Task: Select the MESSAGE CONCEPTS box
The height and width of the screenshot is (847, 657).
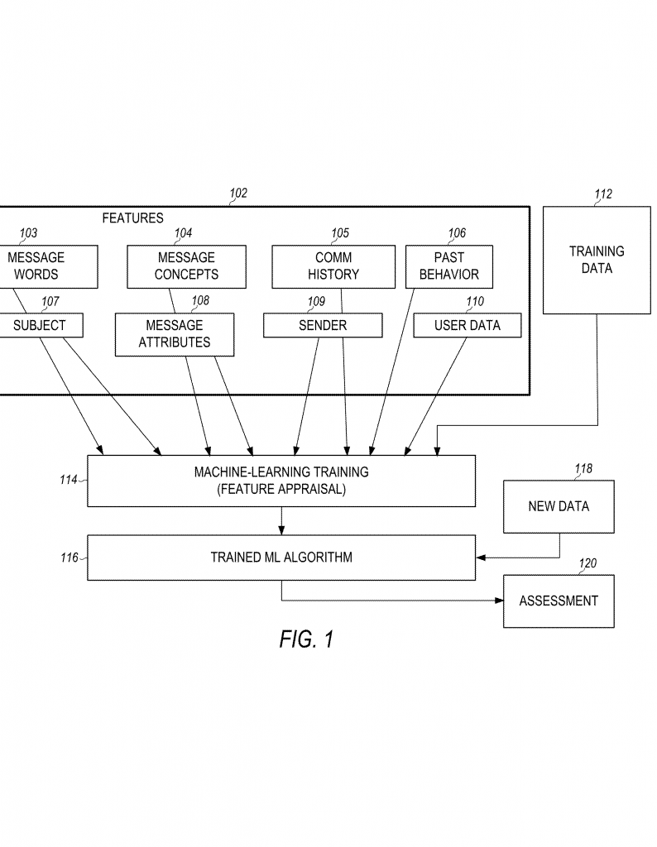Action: point(186,266)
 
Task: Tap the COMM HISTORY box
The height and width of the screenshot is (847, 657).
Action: point(333,266)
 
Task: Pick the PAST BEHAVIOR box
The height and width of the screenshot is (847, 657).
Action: point(448,266)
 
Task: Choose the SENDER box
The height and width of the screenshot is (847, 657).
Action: point(323,325)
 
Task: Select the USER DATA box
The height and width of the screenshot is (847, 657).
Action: point(468,325)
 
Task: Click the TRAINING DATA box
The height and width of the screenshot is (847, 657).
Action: point(597,260)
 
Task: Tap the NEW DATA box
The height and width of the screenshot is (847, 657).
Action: point(559,506)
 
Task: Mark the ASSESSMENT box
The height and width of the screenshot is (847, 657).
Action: point(559,601)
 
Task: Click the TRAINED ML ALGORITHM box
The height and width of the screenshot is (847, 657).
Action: point(281,557)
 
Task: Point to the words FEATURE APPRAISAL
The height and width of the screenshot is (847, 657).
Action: point(281,489)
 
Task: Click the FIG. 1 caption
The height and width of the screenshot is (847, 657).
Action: point(305,639)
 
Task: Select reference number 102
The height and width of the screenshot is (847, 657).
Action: point(238,194)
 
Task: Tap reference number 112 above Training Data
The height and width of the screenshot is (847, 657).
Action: point(603,194)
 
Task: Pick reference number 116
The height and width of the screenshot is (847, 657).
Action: point(69,557)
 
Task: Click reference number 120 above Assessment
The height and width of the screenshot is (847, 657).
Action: point(587,564)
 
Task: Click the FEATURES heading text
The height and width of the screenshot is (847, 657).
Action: point(132,218)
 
